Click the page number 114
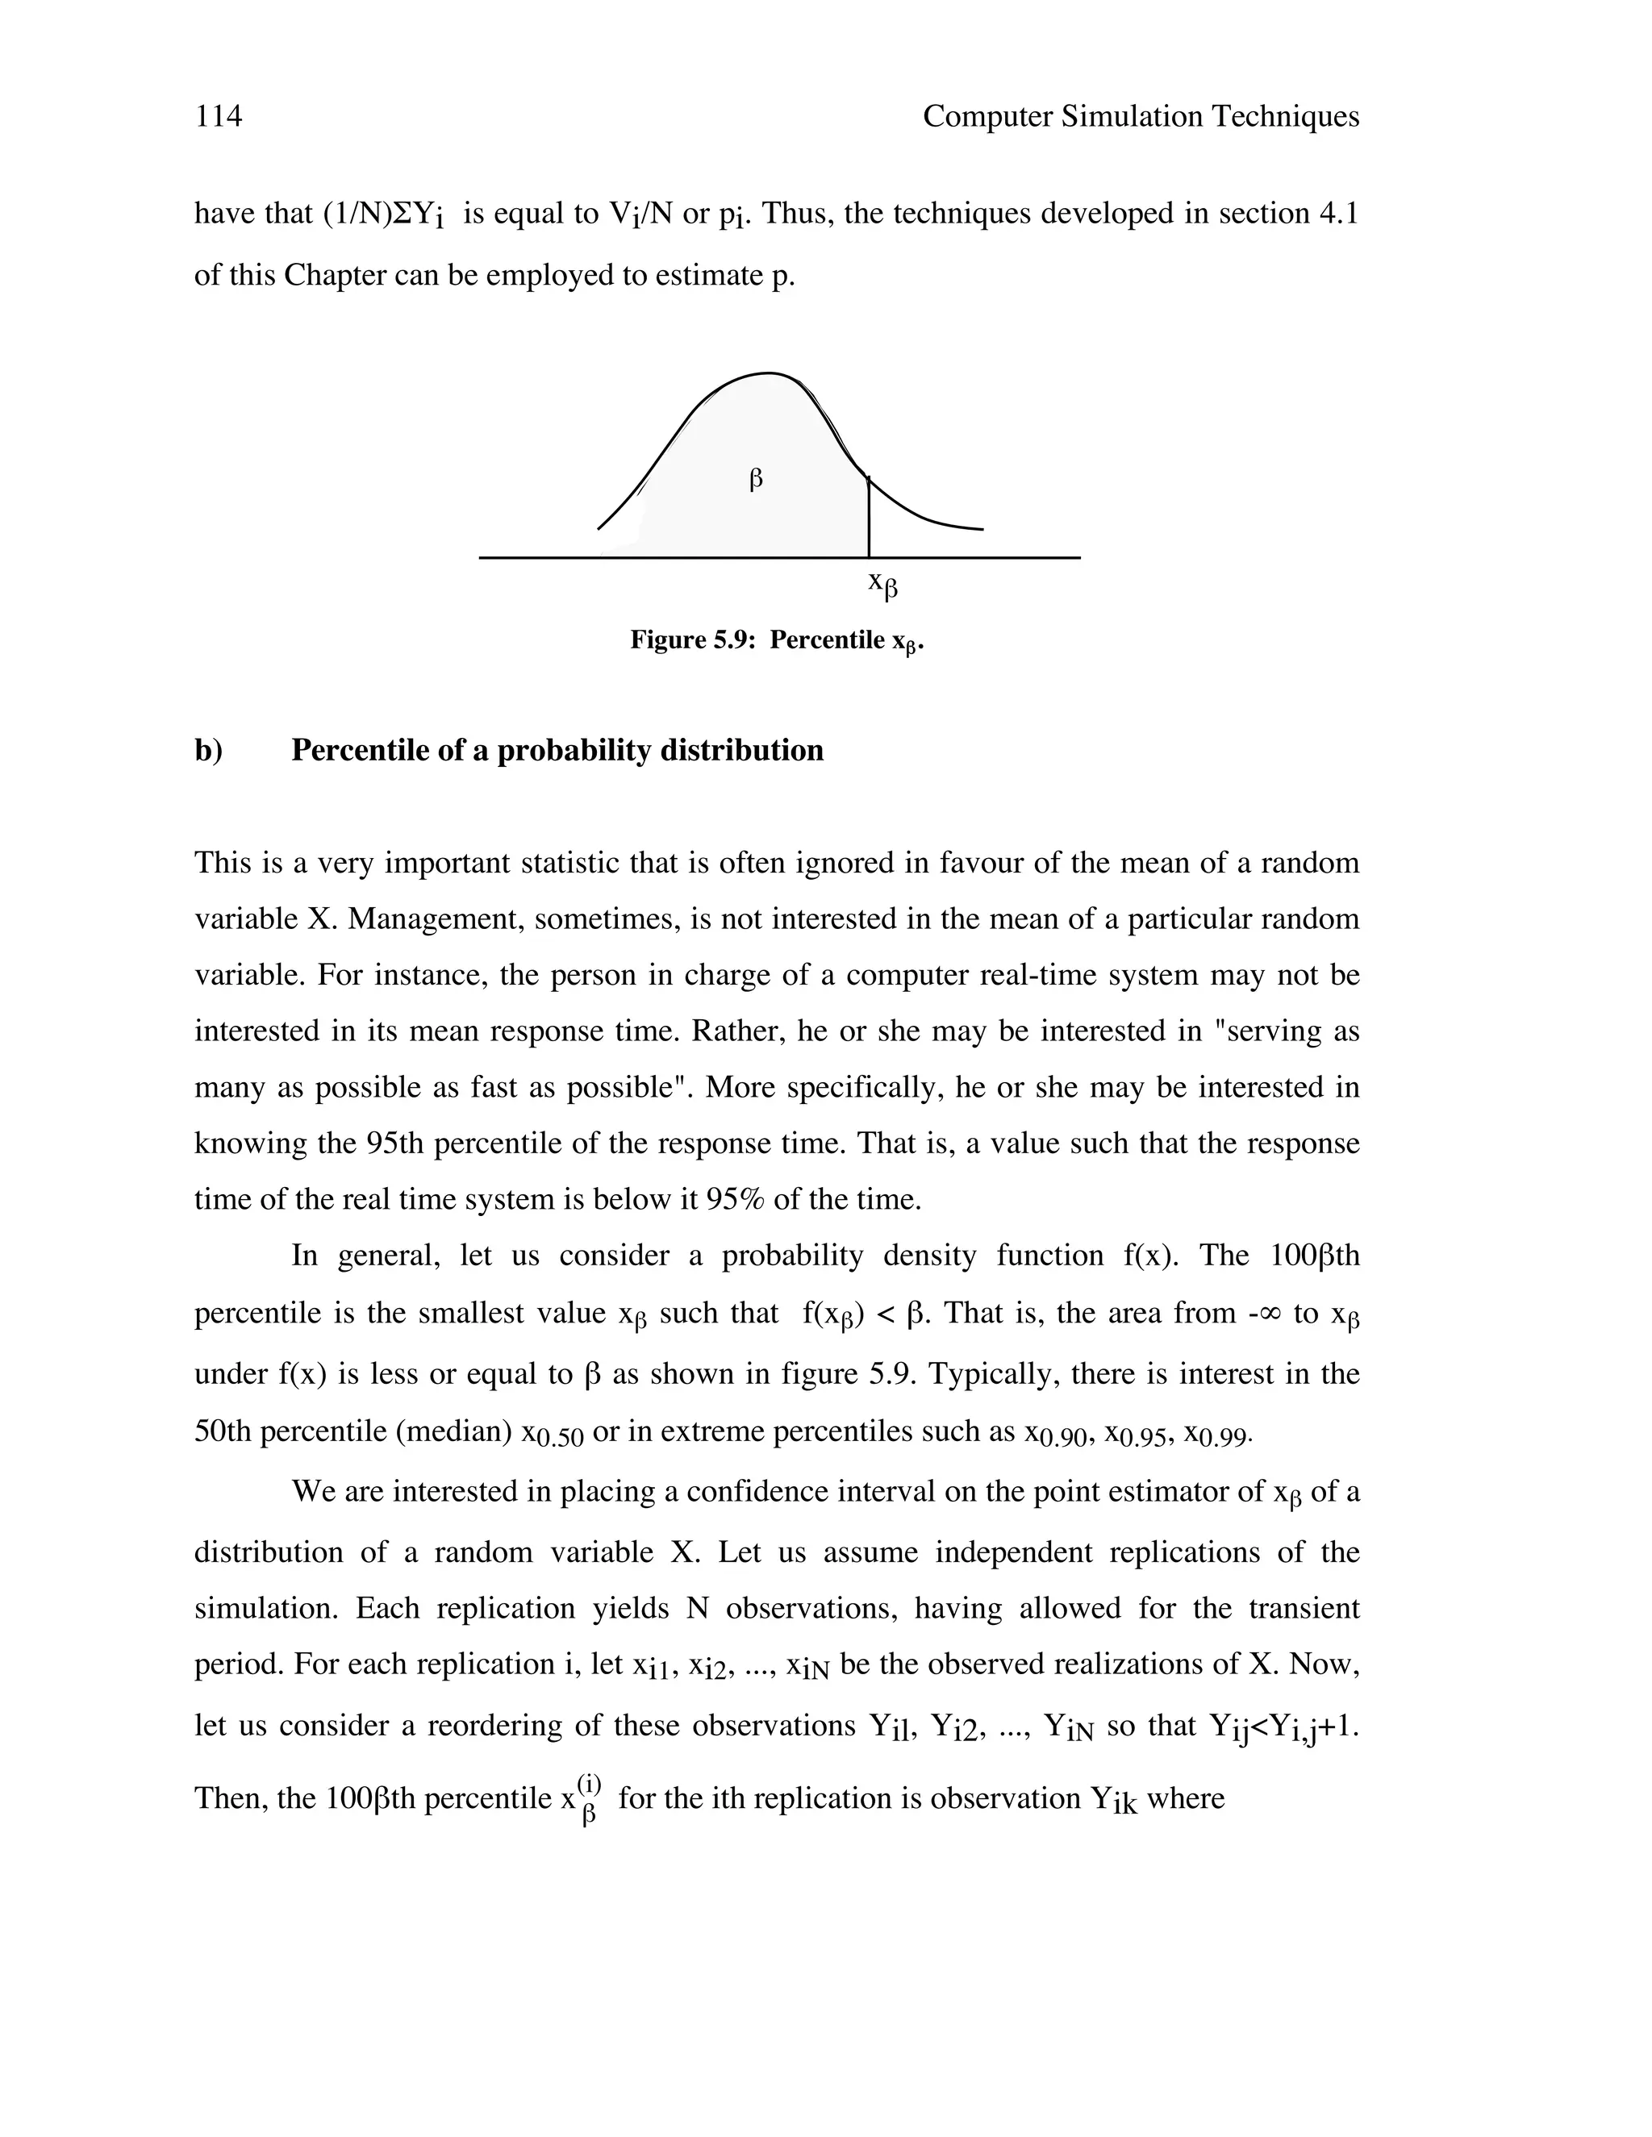click(x=219, y=116)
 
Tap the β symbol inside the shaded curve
click(x=756, y=480)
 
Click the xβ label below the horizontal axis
click(x=882, y=585)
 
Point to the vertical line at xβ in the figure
click(x=868, y=519)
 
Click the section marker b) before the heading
click(x=208, y=751)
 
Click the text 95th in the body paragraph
click(x=395, y=1143)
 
